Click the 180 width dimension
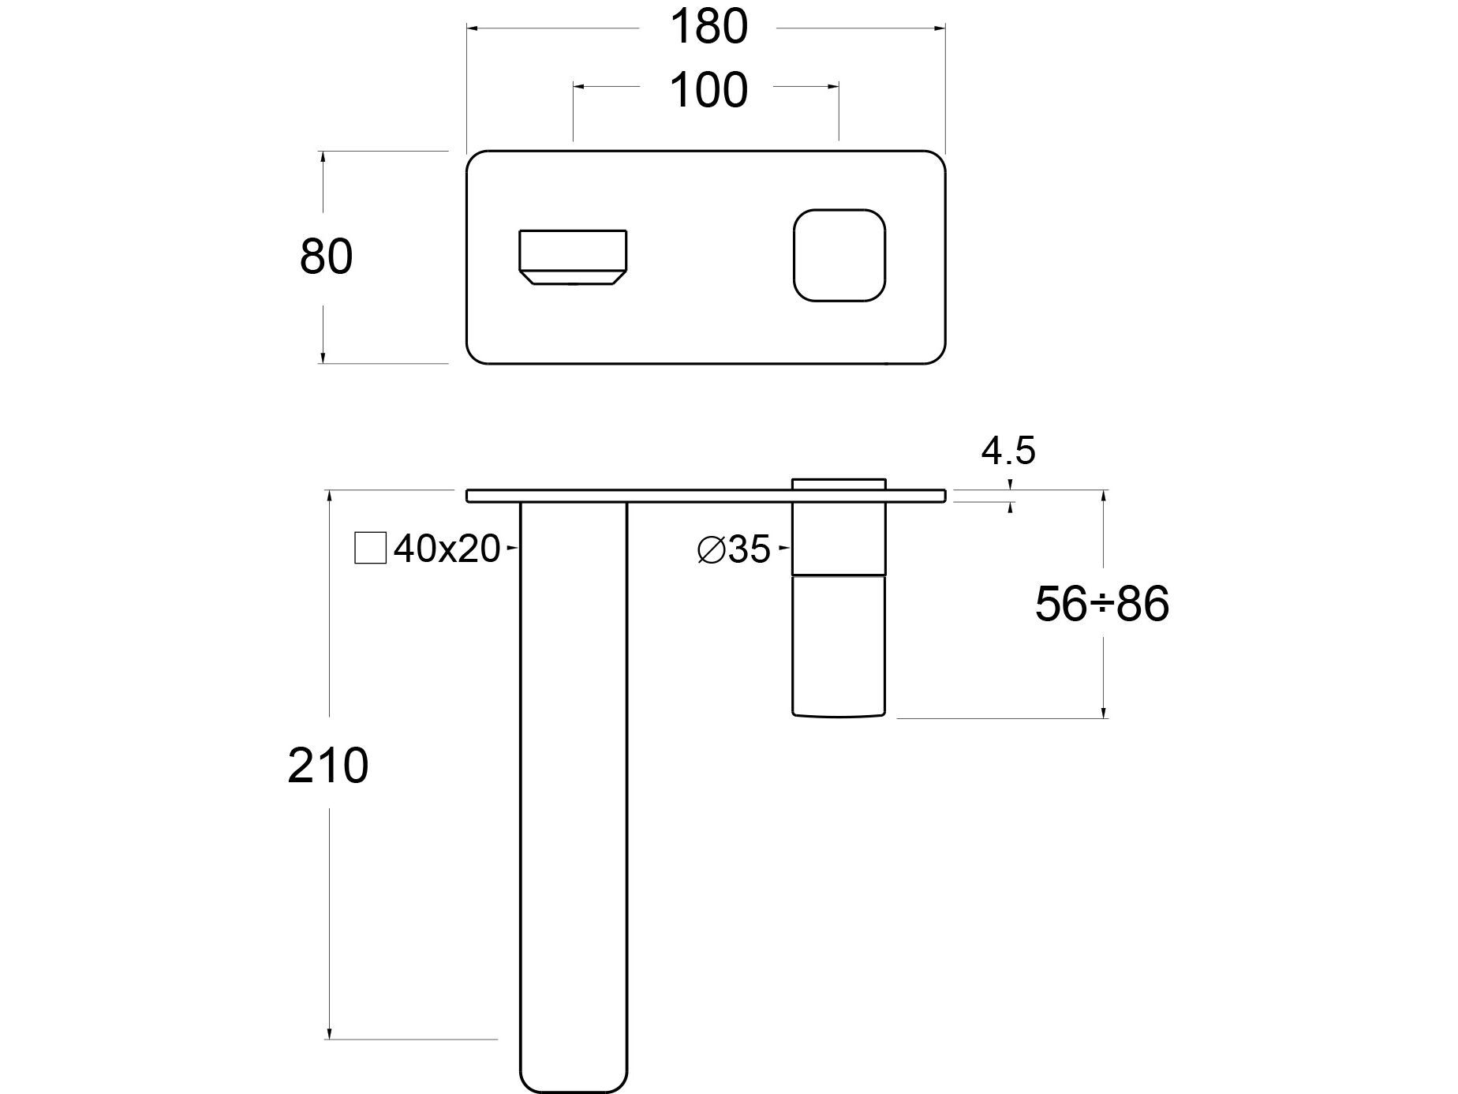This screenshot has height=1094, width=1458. pos(708,27)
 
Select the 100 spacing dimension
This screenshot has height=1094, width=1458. pos(708,90)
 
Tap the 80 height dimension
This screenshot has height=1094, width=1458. pos(326,257)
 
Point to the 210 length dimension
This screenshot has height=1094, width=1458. pos(327,766)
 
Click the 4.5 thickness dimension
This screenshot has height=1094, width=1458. pos(1008,451)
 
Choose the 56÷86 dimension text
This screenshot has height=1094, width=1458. pos(1101,605)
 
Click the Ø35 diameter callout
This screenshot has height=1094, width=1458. pos(734,549)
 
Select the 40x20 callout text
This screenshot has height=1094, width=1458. pos(447,549)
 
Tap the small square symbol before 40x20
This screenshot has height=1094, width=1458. pos(370,548)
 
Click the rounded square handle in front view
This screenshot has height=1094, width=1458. pos(839,255)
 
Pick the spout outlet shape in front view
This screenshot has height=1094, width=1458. pos(573,257)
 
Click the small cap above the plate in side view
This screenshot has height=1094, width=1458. pos(839,483)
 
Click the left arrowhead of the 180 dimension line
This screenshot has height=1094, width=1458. pos(472,28)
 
